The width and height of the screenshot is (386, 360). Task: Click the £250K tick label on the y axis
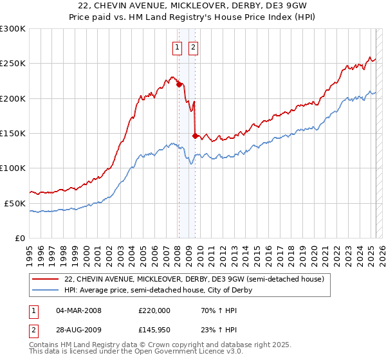(13, 64)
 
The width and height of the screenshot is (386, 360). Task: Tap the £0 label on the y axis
(20, 238)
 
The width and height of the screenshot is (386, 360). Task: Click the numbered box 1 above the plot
(177, 46)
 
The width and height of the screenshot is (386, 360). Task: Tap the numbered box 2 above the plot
(193, 46)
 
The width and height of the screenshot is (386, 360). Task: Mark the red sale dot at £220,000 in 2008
(179, 84)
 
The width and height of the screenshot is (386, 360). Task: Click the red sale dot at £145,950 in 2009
(195, 136)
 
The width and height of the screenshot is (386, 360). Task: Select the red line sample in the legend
(45, 279)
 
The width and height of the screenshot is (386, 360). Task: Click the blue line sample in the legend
(45, 290)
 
